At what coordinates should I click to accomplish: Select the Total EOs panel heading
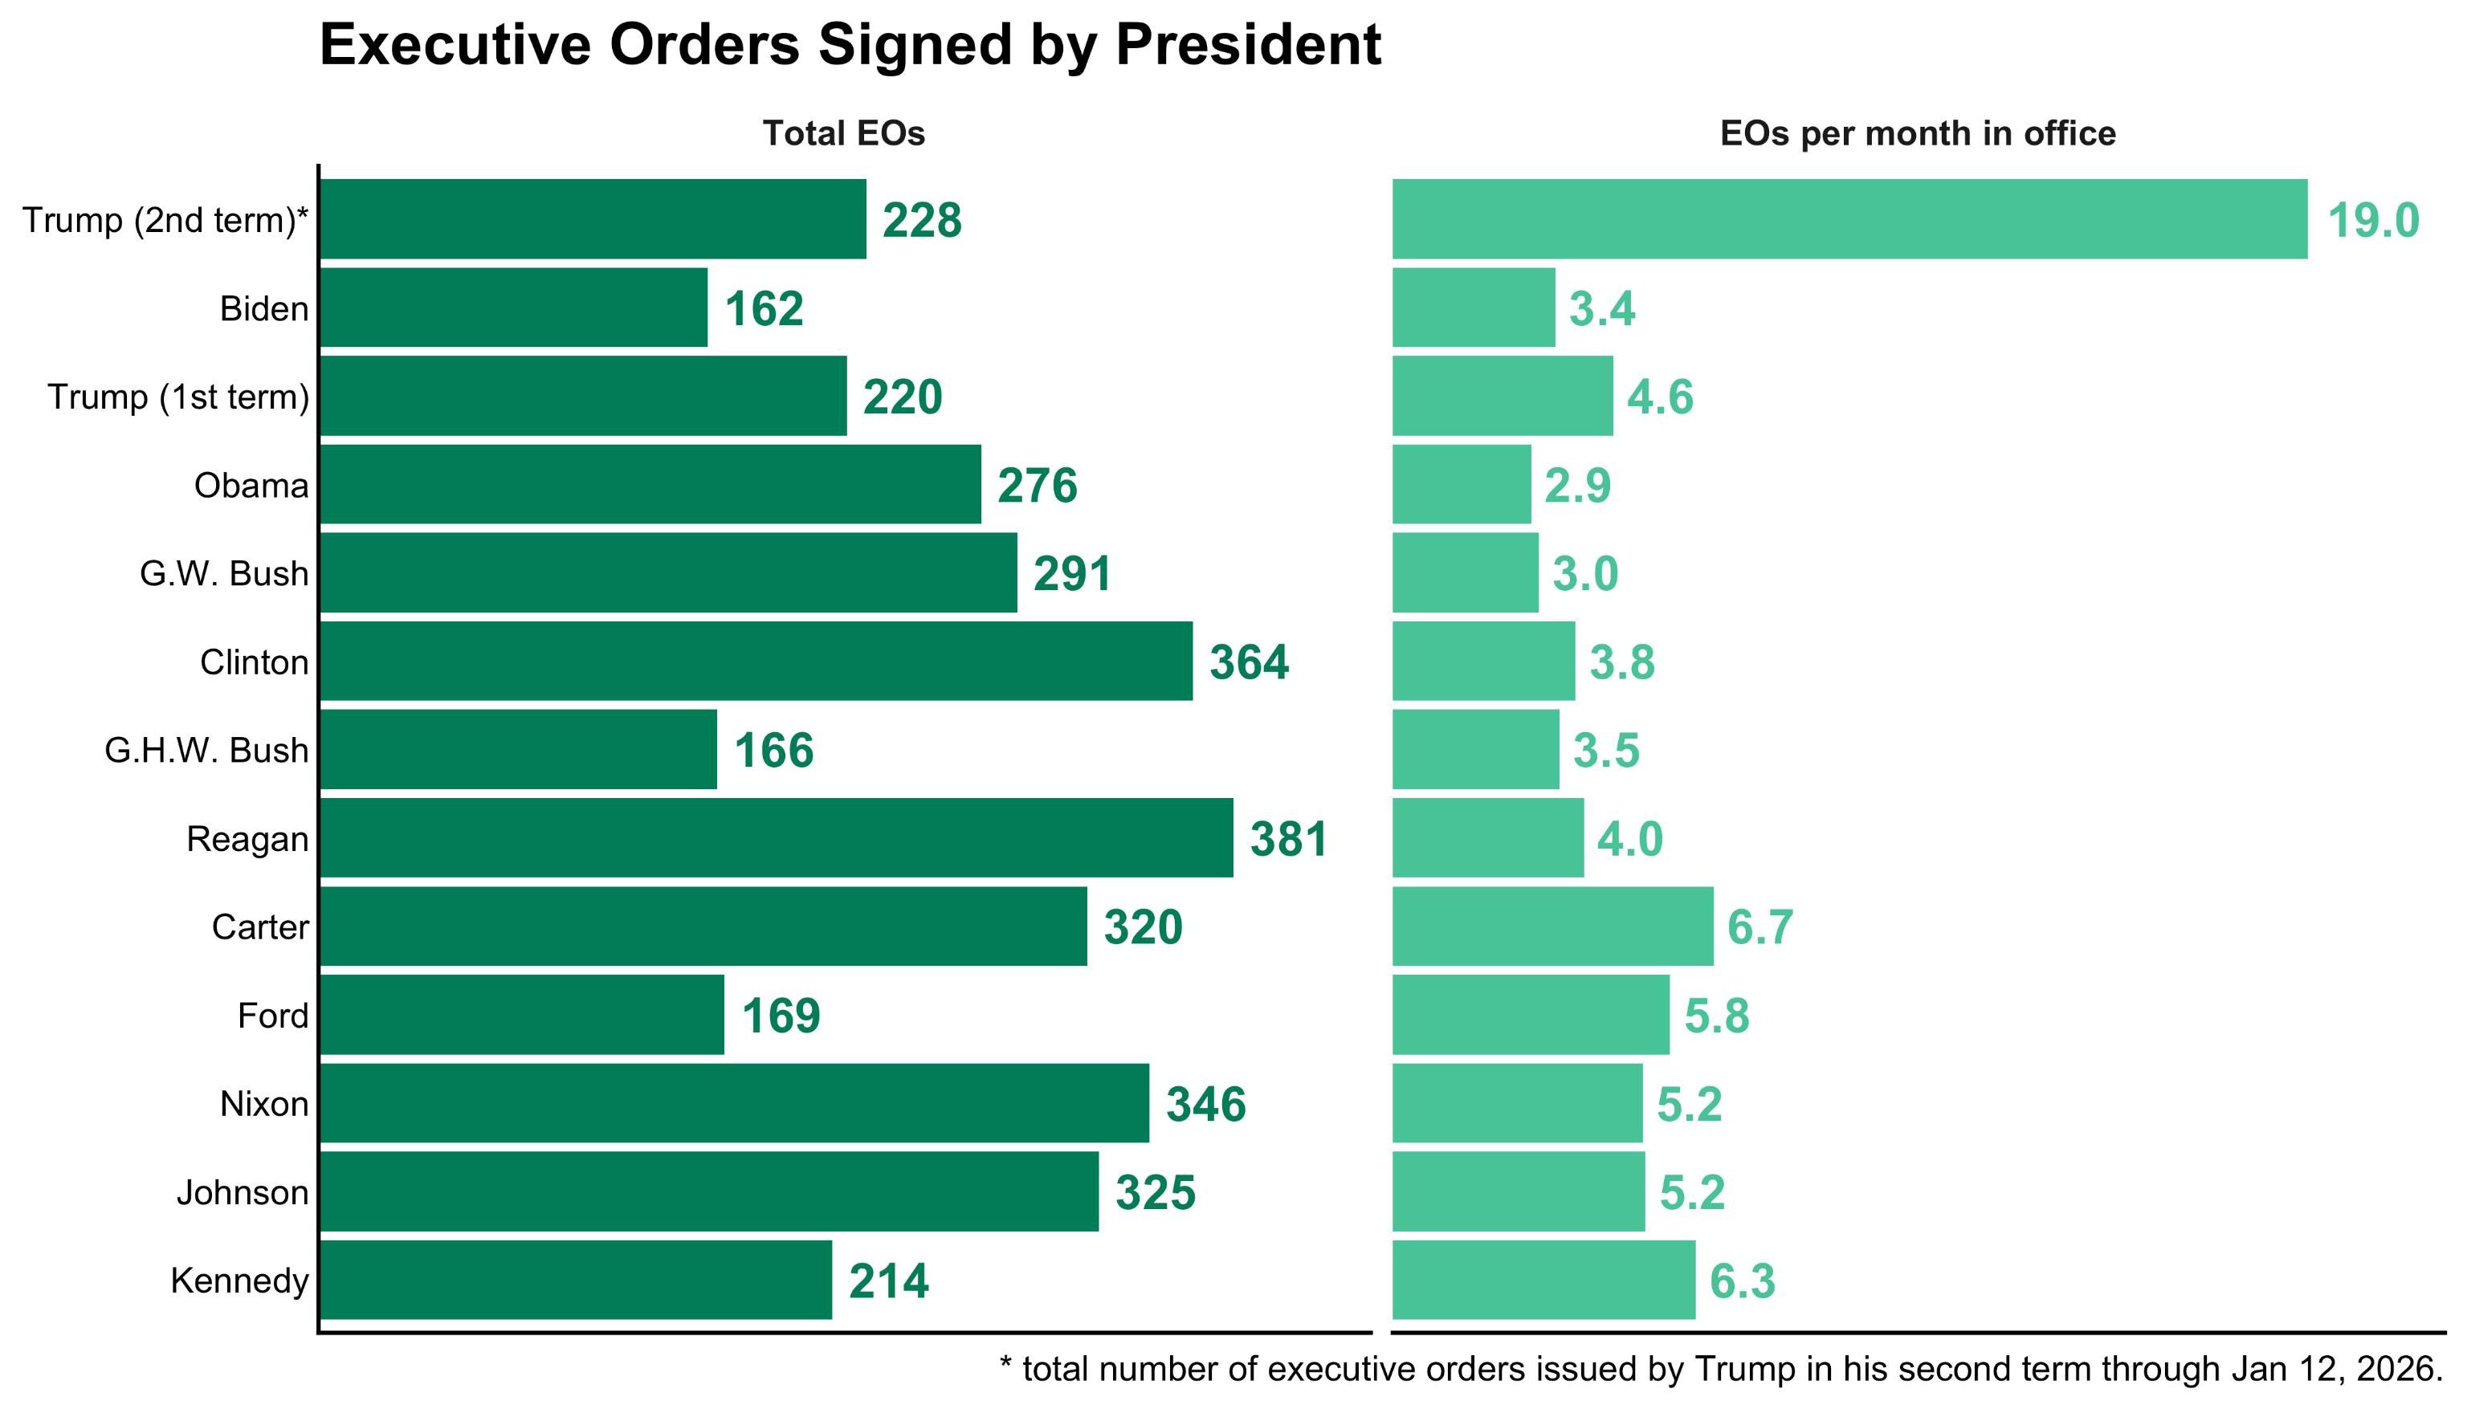pos(843,133)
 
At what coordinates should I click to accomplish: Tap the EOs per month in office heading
pos(1917,133)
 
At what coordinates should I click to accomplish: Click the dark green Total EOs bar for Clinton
pos(756,661)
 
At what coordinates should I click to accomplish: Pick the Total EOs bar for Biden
pos(513,307)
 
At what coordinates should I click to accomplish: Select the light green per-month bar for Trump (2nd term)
pos(1849,220)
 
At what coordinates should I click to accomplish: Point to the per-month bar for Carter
pos(1552,926)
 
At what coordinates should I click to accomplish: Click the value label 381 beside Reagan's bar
pos(1288,839)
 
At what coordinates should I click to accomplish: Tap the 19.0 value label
pos(2372,221)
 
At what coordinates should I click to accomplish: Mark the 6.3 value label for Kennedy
pos(1742,1281)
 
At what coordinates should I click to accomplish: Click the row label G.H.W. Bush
pos(206,750)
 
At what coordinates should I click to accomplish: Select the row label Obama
pos(251,485)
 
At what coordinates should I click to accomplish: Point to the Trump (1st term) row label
pos(178,397)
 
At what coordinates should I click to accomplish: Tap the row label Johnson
pos(242,1192)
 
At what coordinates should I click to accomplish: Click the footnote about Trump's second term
pos(1721,1368)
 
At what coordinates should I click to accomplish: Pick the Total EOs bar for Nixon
pos(734,1103)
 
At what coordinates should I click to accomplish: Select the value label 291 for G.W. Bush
pos(1071,574)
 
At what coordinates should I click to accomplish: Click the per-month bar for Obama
pos(1462,485)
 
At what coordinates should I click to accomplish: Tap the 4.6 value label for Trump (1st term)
pos(1660,397)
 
